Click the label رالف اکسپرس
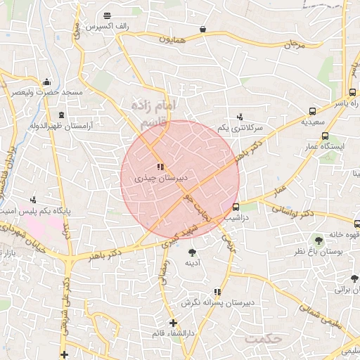click(106, 27)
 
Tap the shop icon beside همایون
click(203, 30)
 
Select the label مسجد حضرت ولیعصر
click(46, 92)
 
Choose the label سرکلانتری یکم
click(240, 128)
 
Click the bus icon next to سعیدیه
click(312, 110)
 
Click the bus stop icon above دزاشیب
click(235, 207)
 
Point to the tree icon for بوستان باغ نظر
click(319, 240)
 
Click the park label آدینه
click(192, 263)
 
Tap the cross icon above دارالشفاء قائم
click(173, 323)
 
